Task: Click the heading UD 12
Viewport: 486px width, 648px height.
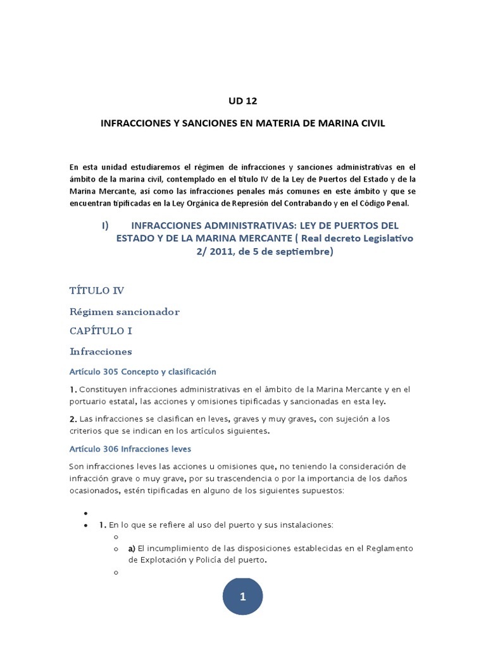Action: (x=243, y=101)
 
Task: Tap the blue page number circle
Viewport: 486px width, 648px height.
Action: (x=242, y=596)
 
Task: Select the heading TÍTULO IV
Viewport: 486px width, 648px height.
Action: (x=97, y=290)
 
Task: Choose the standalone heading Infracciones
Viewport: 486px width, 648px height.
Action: (x=100, y=351)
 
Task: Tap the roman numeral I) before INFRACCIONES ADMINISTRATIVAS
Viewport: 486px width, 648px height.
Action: (x=106, y=225)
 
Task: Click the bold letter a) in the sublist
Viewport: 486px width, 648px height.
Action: (x=132, y=548)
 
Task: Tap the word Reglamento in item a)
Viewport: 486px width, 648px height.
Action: (x=390, y=548)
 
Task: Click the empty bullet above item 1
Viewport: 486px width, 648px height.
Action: (x=84, y=513)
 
